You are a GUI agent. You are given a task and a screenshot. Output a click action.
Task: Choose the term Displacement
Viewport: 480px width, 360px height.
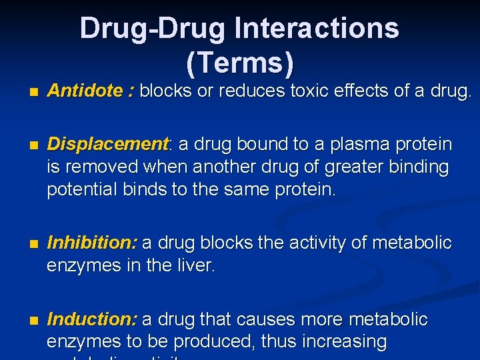tap(109, 144)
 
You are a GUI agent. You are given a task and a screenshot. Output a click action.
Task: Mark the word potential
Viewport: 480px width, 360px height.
tap(83, 189)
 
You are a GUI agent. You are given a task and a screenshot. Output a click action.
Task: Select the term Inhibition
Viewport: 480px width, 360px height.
tap(92, 243)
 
